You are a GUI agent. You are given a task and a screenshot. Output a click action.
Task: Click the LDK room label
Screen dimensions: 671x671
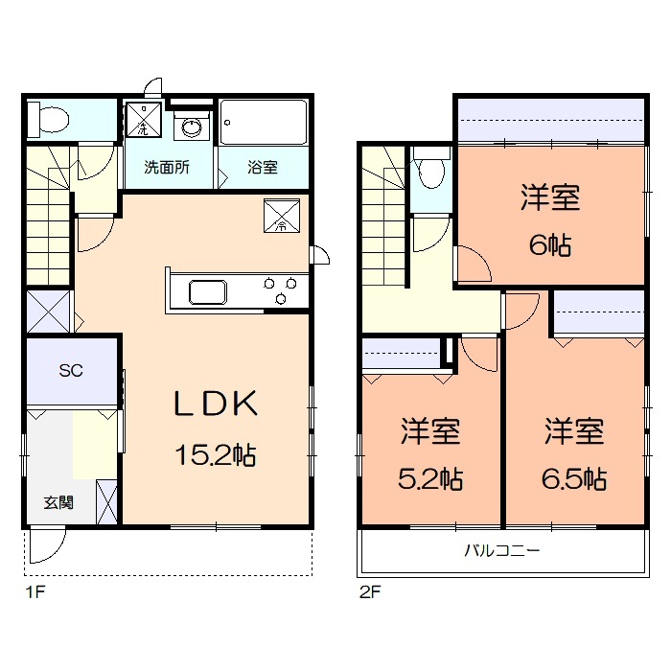(x=216, y=404)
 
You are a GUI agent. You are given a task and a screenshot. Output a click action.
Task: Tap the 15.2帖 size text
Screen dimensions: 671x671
(x=216, y=454)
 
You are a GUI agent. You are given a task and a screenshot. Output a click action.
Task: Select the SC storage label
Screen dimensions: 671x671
(x=71, y=370)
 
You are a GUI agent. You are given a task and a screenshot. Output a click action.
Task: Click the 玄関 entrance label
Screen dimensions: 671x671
(x=58, y=502)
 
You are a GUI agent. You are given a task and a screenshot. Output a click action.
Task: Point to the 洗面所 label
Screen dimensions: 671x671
(x=167, y=167)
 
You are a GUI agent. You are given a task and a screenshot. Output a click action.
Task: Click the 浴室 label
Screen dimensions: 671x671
(x=263, y=167)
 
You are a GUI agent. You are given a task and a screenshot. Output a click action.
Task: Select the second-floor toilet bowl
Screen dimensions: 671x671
(x=430, y=174)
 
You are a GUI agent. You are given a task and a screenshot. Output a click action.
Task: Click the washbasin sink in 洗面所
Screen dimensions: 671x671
(x=192, y=127)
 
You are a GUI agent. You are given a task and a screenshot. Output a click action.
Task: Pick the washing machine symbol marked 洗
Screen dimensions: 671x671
(x=144, y=120)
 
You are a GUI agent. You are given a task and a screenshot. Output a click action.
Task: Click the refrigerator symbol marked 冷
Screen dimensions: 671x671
(x=282, y=216)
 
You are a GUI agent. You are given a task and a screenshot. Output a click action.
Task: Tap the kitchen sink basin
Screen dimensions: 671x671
(x=208, y=292)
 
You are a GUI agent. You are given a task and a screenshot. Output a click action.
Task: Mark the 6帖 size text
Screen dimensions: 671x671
(x=550, y=245)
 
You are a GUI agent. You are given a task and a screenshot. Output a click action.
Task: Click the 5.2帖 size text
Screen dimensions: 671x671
(x=430, y=479)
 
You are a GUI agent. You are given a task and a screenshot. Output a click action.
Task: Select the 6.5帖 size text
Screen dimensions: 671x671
(x=574, y=479)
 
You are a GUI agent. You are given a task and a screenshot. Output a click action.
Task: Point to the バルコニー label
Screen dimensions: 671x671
(x=502, y=550)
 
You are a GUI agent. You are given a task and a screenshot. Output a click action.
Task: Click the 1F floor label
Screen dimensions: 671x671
(x=35, y=592)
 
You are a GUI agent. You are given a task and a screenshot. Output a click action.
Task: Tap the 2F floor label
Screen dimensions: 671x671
(x=370, y=592)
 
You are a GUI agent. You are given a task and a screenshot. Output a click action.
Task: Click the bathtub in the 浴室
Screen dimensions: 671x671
(x=264, y=122)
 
